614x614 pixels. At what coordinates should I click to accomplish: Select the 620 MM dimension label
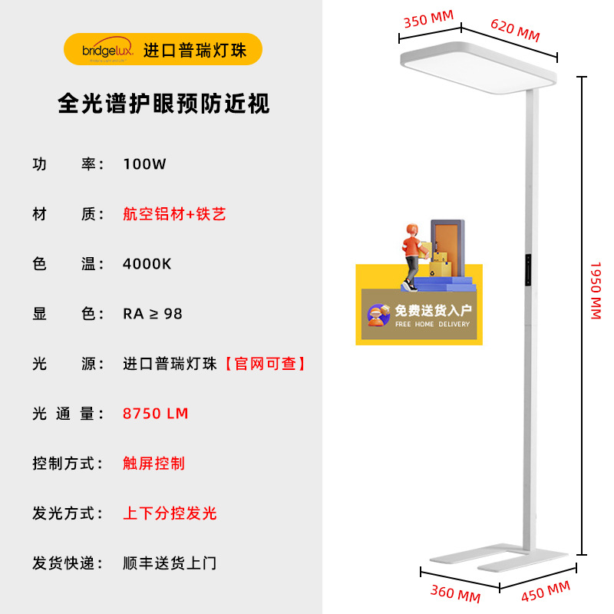click(x=514, y=31)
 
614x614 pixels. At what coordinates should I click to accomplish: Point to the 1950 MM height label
click(x=596, y=290)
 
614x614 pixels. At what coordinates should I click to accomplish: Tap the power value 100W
click(x=144, y=164)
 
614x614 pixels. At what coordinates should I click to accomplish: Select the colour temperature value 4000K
click(x=147, y=264)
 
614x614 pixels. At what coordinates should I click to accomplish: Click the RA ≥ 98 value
click(x=153, y=314)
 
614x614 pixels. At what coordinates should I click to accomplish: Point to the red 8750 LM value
click(x=155, y=414)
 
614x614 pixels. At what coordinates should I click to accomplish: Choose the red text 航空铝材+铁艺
click(x=174, y=214)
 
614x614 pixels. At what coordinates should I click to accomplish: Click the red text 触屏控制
click(x=153, y=464)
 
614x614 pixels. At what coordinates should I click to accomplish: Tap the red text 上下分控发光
click(x=170, y=513)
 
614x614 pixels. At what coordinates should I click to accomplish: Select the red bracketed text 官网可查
click(x=265, y=364)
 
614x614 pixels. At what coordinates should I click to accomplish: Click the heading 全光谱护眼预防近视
click(x=164, y=104)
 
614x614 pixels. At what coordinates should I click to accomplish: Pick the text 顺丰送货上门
click(x=170, y=563)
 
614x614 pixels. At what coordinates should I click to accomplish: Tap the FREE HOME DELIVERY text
click(x=432, y=325)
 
